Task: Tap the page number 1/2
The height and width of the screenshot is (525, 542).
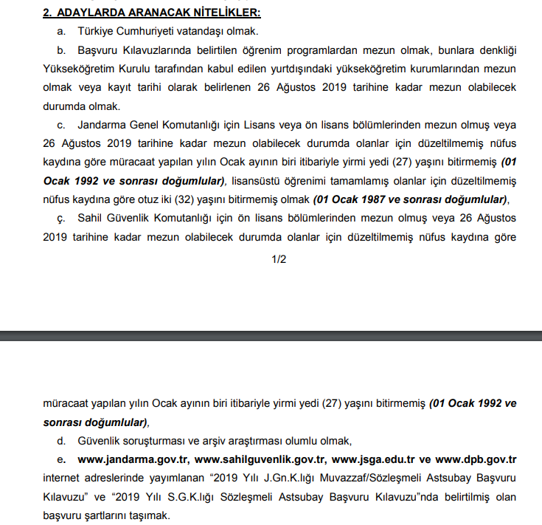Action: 279,258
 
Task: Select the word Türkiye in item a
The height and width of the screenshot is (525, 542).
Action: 96,32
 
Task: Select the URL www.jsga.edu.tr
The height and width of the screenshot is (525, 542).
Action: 374,459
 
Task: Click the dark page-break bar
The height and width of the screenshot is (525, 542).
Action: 271,336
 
